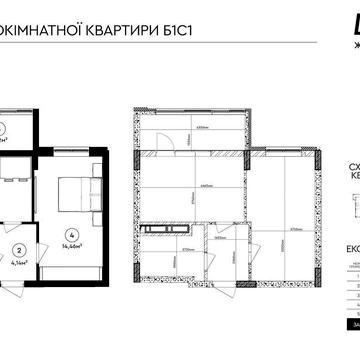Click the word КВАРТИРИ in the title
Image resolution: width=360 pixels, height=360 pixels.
133,25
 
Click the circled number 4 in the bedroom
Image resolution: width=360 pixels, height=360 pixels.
69,236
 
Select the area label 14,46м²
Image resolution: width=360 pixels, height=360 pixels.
69,248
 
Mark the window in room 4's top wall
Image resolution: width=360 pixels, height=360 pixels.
68,148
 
